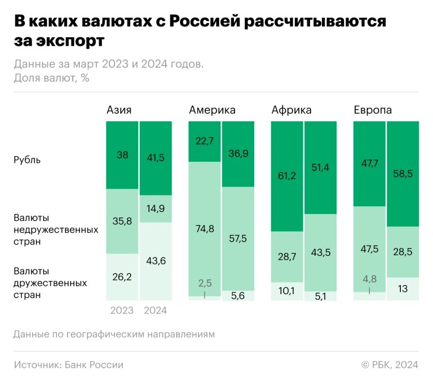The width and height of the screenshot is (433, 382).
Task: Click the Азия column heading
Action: tap(119, 110)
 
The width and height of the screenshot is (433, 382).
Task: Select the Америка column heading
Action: tap(212, 110)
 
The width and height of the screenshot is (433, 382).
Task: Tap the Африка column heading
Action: tap(291, 110)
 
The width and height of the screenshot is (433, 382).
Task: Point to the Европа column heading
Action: tap(373, 110)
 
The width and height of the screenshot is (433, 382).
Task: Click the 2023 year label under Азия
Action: tap(122, 310)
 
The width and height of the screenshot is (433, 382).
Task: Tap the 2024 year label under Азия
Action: tap(156, 310)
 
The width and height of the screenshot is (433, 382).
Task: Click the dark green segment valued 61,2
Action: tap(288, 176)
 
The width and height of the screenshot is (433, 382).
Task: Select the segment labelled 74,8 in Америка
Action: tap(204, 228)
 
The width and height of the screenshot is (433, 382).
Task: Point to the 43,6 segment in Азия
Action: tap(156, 261)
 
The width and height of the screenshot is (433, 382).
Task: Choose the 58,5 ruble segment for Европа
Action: tap(402, 174)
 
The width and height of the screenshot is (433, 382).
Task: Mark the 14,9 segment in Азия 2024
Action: tap(156, 208)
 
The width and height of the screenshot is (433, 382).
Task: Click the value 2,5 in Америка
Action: tap(204, 283)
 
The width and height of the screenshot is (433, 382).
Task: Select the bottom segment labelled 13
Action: tap(402, 288)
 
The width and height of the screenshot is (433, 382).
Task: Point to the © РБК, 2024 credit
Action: tap(390, 365)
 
